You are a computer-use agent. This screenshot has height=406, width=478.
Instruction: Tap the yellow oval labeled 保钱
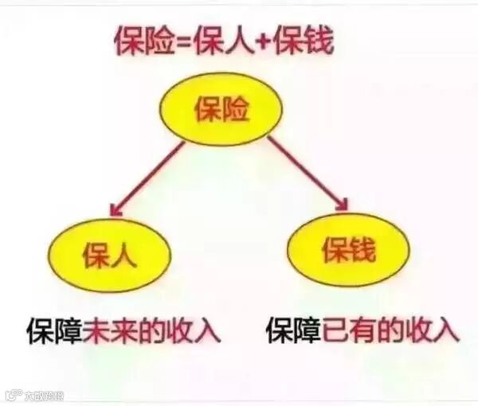coord(347,250)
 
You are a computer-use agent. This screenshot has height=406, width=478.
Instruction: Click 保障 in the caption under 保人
coord(54,329)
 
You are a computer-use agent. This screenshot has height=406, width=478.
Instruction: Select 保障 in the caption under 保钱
coord(293,329)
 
